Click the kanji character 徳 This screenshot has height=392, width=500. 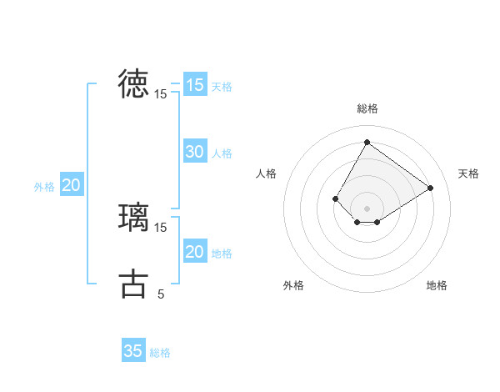coord(133,83)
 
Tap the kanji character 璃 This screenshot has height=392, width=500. coord(133,216)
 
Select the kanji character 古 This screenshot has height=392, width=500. coord(133,284)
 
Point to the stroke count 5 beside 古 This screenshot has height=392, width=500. coord(161,294)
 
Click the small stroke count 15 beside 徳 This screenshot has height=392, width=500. coord(161,94)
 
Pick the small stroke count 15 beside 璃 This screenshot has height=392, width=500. coord(161,227)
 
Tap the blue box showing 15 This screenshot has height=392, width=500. coord(194,85)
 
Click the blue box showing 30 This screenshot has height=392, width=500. coord(194,152)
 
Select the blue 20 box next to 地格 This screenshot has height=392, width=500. coord(194,252)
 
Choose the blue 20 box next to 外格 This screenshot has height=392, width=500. coord(71,186)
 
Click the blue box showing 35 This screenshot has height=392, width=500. coord(133,351)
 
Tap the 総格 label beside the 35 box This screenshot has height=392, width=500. coord(160,353)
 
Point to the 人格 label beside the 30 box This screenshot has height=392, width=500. coord(222,153)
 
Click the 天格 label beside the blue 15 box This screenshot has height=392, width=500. coord(222,87)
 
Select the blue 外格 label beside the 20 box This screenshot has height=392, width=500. coord(44,188)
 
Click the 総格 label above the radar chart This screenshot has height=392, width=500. coord(367,108)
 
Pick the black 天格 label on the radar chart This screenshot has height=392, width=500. coord(468,173)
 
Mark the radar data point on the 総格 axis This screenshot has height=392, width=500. coord(367,142)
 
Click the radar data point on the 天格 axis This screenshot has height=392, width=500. coord(430,188)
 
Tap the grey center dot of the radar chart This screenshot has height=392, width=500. coord(367,209)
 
